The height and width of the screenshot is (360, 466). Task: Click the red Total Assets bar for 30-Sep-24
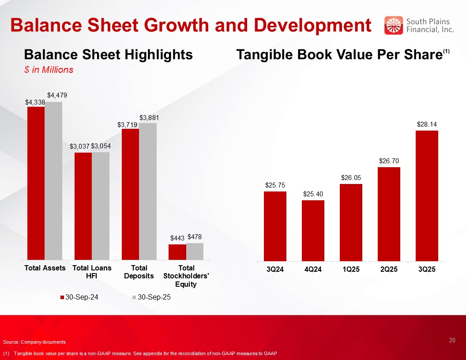click(36, 183)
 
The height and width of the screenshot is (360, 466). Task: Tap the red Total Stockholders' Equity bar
click(177, 252)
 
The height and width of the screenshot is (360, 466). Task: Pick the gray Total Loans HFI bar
click(101, 206)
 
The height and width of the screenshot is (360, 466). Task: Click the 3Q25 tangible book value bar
click(427, 195)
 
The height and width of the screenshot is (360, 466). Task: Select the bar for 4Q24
click(313, 230)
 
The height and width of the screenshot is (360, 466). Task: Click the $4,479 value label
click(57, 95)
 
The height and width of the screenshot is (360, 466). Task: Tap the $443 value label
click(177, 238)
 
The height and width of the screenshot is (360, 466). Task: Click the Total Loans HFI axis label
click(92, 272)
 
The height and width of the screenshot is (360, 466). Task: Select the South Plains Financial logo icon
click(394, 25)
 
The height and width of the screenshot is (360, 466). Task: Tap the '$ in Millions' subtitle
click(49, 70)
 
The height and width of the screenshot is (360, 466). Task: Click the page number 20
click(452, 340)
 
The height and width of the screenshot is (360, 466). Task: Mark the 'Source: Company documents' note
click(34, 342)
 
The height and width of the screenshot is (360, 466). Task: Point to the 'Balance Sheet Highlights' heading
click(108, 55)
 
